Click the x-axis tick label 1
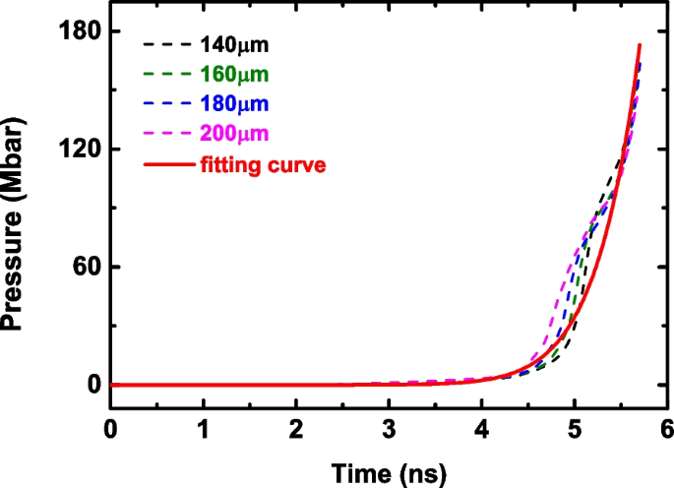click(203, 429)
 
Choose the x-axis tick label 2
click(295, 429)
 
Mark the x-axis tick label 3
click(388, 429)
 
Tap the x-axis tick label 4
click(480, 429)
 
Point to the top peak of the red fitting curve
click(640, 45)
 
